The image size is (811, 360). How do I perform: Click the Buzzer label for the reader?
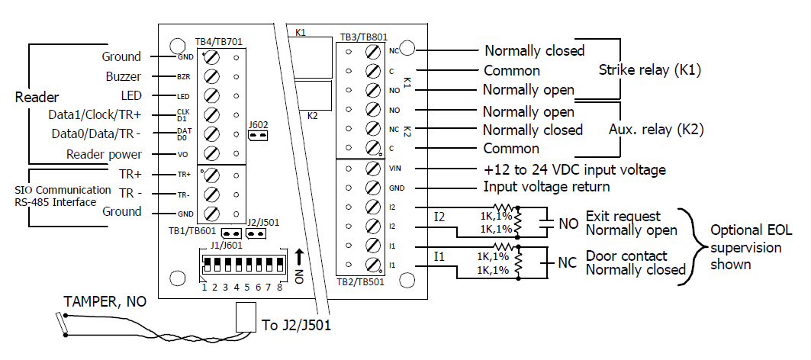[123, 77]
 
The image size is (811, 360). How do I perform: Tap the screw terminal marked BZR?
[213, 77]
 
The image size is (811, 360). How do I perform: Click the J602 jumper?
[258, 136]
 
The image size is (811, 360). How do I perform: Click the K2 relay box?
[315, 96]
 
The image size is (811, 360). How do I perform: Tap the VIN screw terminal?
[374, 169]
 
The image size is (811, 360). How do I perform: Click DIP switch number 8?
[280, 268]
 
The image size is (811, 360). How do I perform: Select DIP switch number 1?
[204, 268]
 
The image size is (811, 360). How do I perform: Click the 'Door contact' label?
[626, 256]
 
